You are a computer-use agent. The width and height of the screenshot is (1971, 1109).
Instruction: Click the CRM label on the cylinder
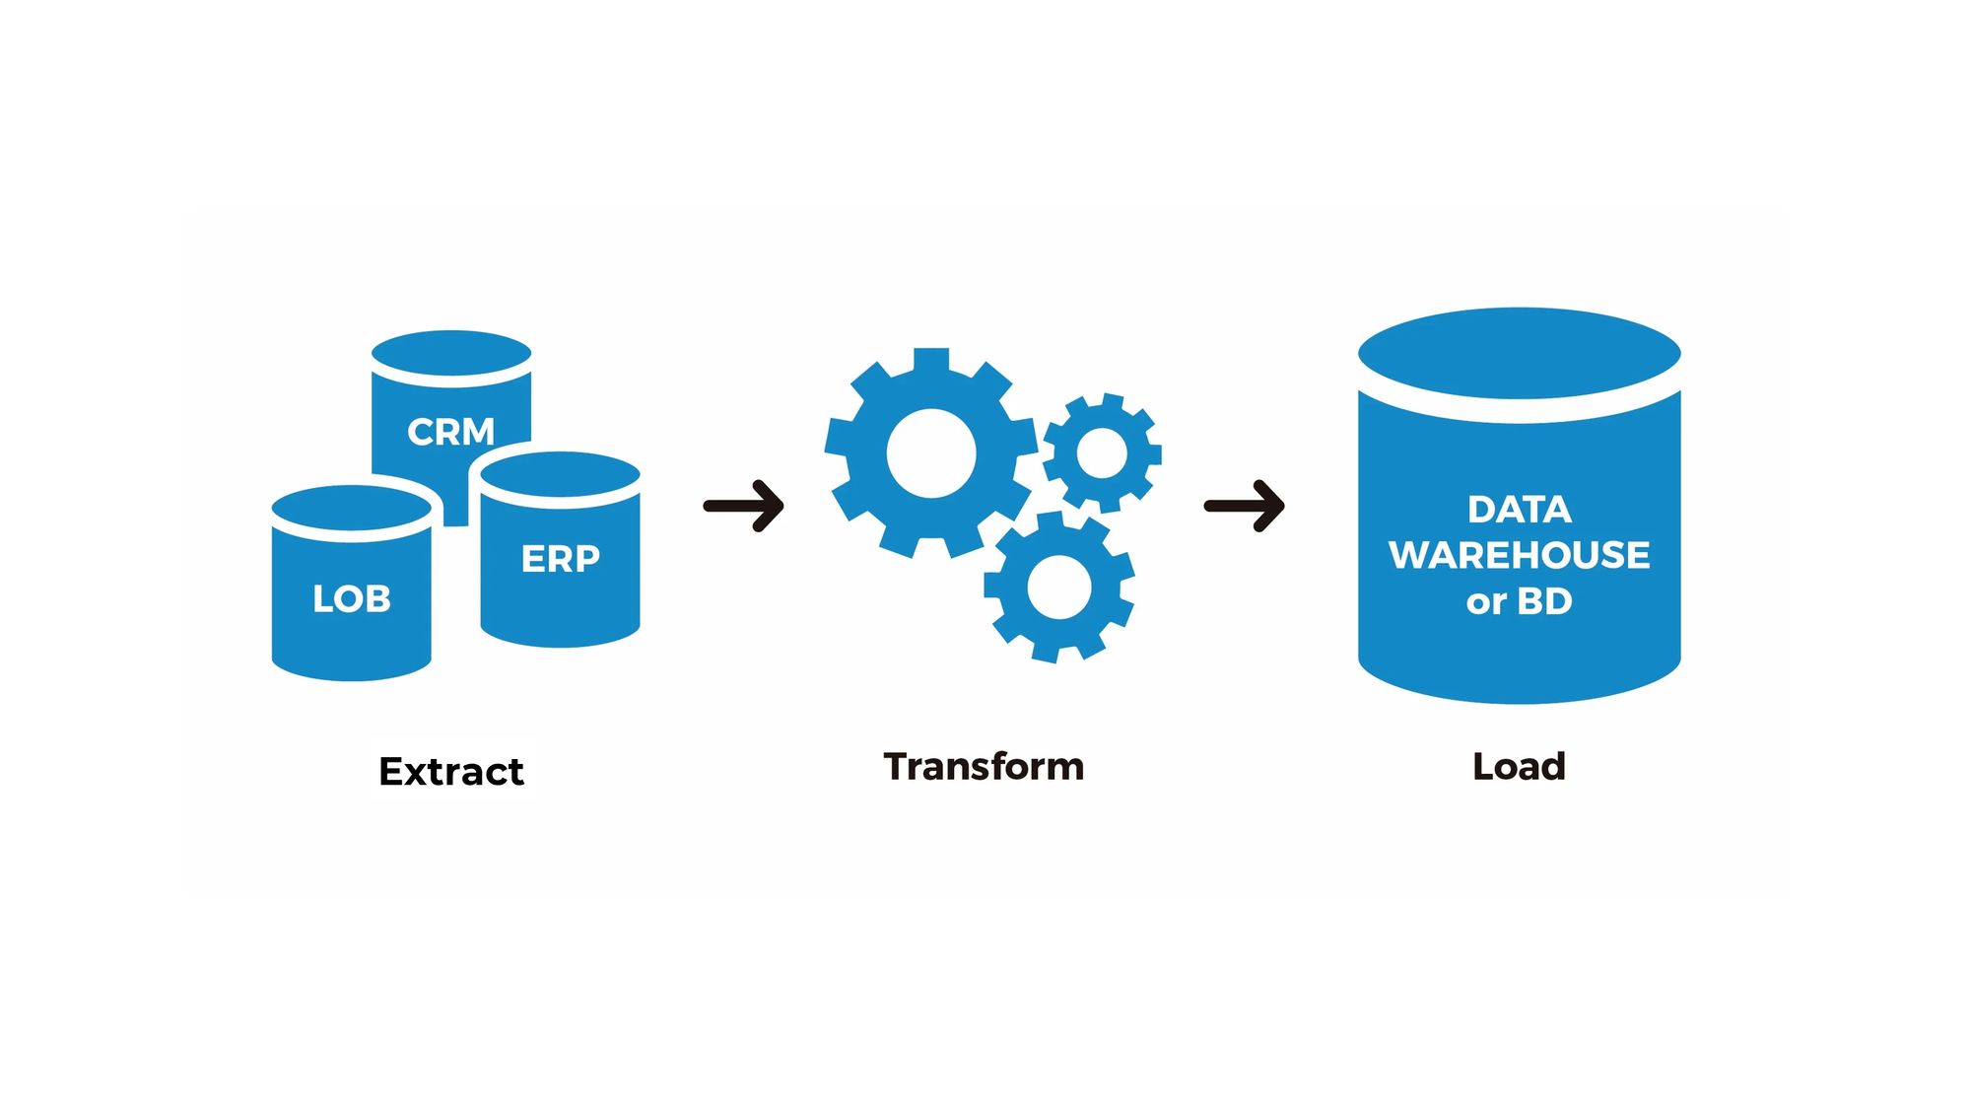(450, 432)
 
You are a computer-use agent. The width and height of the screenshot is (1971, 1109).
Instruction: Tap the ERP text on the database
(560, 559)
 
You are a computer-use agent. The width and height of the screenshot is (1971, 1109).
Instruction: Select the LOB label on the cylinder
(352, 598)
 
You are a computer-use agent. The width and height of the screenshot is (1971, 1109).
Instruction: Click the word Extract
(451, 771)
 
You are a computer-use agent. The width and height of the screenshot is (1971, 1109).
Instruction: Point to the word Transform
(984, 766)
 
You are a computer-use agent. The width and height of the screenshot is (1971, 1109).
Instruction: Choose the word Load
(1519, 766)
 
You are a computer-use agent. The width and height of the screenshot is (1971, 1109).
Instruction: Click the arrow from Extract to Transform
(744, 506)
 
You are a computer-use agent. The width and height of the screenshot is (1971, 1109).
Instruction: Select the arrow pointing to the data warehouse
(1245, 506)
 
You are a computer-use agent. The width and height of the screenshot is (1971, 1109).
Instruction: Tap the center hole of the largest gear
(931, 453)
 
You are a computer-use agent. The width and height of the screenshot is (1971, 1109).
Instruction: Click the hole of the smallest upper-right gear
(1102, 453)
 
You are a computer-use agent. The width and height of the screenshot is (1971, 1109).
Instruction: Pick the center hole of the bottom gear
(1059, 587)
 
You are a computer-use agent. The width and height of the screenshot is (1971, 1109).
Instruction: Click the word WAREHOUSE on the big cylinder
(1519, 555)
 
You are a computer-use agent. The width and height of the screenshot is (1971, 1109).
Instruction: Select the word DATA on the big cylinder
(1519, 510)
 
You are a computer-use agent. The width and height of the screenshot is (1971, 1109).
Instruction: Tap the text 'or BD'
(1519, 601)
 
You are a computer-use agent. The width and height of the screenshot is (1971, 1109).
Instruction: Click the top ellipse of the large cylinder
(1519, 353)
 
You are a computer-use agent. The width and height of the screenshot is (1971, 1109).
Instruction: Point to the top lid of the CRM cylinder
(451, 353)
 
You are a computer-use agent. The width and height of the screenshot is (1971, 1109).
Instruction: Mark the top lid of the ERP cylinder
(560, 474)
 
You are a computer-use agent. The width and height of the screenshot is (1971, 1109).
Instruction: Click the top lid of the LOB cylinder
(352, 508)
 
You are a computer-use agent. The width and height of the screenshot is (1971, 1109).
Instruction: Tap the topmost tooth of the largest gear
(931, 359)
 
